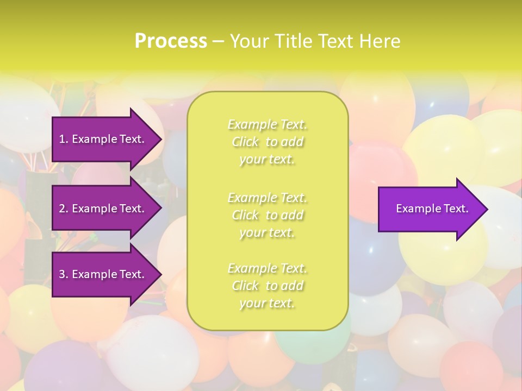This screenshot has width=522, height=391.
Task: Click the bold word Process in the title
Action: pyautogui.click(x=171, y=41)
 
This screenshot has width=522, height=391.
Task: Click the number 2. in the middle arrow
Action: pyautogui.click(x=64, y=209)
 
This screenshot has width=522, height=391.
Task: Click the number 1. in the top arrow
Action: pyautogui.click(x=64, y=139)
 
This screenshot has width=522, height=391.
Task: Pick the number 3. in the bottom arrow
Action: pyautogui.click(x=64, y=274)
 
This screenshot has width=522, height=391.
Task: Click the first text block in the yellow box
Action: pyautogui.click(x=267, y=142)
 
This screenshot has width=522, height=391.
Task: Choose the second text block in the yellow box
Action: pyautogui.click(x=267, y=215)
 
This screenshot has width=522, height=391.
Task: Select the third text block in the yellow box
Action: pyautogui.click(x=267, y=286)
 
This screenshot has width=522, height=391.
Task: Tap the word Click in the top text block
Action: pyautogui.click(x=245, y=142)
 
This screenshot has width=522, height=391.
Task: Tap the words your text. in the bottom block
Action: pyautogui.click(x=267, y=304)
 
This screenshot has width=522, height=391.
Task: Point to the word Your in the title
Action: pyautogui.click(x=249, y=41)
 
